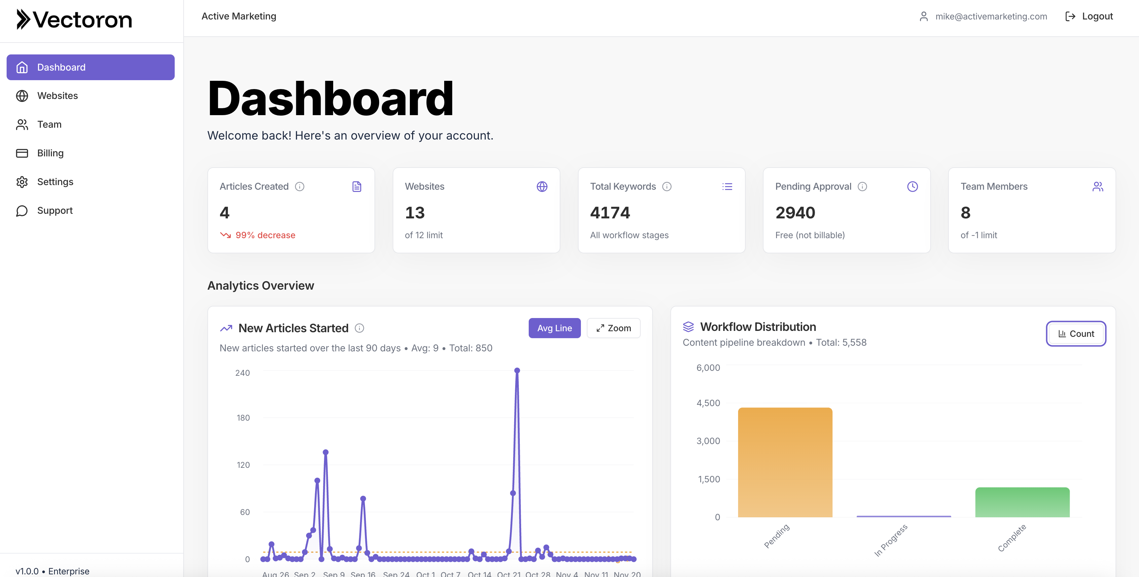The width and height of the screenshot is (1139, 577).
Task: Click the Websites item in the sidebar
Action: (57, 96)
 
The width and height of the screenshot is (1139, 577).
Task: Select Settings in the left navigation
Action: (55, 182)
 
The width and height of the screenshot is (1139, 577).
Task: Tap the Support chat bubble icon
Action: (22, 211)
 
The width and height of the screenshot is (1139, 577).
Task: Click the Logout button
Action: (1089, 16)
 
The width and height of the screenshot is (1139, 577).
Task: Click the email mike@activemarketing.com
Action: (990, 16)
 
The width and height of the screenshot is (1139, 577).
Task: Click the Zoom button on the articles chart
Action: (613, 328)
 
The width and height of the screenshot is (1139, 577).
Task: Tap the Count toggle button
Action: (1076, 334)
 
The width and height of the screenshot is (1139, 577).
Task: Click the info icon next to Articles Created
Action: (300, 186)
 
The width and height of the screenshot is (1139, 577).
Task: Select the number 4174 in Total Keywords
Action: (610, 213)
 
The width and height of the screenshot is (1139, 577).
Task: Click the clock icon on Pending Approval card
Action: (912, 186)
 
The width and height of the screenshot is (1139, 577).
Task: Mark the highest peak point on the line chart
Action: (517, 371)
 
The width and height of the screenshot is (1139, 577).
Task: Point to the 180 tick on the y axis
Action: (243, 418)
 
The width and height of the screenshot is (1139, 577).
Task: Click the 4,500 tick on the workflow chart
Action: (708, 403)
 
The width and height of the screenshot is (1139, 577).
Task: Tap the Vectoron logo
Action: (74, 20)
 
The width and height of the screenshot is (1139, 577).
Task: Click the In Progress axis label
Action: (891, 540)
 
